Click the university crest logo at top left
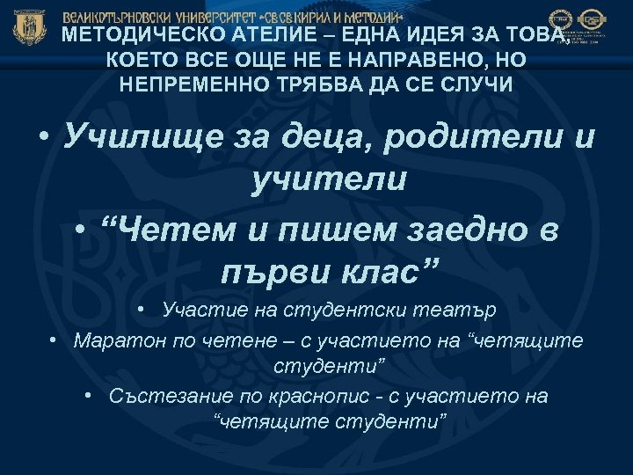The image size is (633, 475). pos(29,27)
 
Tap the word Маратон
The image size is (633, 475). pos(113,340)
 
